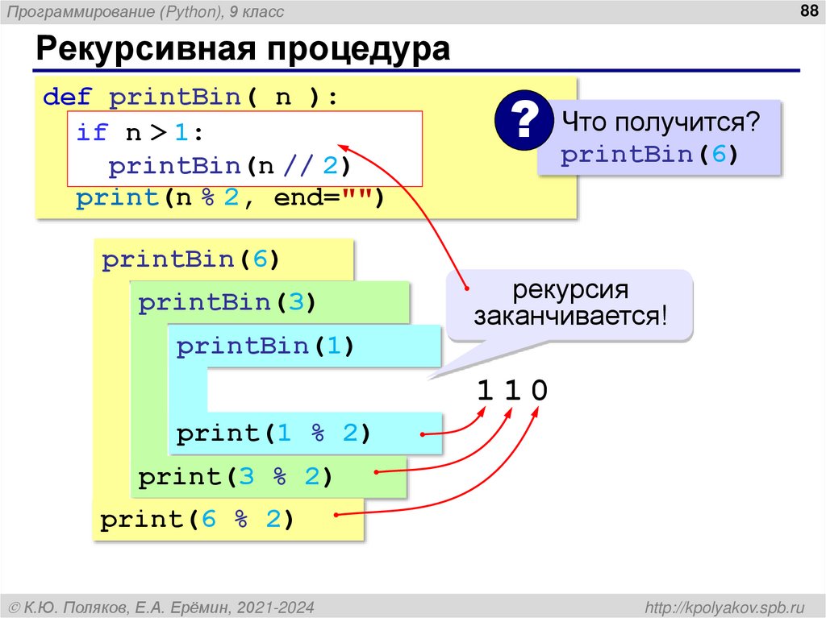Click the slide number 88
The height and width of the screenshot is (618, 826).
tap(806, 10)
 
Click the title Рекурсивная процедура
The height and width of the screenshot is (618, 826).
tap(242, 50)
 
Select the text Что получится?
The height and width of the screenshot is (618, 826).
tap(661, 123)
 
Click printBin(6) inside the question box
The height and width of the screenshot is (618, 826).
tap(649, 155)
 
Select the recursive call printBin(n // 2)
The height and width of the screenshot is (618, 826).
tap(231, 166)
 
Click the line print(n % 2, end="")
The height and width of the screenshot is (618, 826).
tap(231, 198)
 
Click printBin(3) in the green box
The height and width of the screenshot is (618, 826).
tap(227, 303)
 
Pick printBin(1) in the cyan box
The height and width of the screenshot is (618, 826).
tap(265, 346)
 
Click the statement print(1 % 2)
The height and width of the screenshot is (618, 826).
tap(273, 433)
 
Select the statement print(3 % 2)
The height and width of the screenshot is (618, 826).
tap(236, 477)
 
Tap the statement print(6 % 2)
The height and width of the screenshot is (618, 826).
tap(198, 520)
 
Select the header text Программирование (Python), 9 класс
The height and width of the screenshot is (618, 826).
tap(146, 12)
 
